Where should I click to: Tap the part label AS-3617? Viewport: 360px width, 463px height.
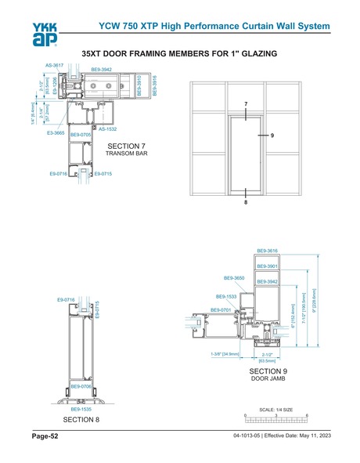coord(54,65)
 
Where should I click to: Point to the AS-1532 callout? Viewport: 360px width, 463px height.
coord(107,128)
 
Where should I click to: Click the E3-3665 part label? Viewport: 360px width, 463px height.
coord(56,134)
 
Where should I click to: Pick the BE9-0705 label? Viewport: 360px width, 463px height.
coord(81,135)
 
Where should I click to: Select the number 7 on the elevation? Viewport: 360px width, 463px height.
coord(245,103)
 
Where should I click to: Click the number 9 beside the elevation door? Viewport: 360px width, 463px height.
coord(272,136)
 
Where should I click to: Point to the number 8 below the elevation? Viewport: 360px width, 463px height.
coord(245,202)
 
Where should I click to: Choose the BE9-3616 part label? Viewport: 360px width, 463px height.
coord(268,251)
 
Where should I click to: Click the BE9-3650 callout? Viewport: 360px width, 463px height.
coord(234,278)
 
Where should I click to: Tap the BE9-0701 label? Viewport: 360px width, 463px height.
coord(220,310)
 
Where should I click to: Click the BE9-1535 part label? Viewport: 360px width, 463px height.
coord(81,410)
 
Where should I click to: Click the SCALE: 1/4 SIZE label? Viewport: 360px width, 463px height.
coord(276,409)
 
